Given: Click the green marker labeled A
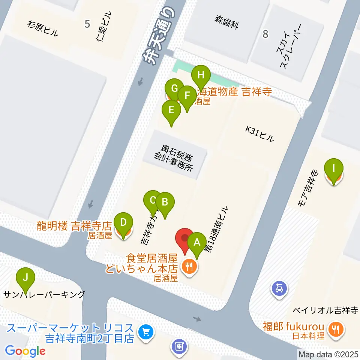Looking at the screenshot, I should (197, 243).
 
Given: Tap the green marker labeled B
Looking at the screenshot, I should (165, 202).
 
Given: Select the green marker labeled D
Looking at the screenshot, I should (123, 223).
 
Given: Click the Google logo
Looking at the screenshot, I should (25, 351).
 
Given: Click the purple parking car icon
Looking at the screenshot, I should (280, 288).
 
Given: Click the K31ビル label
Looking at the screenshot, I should (259, 134).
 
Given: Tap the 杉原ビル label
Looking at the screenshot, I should (42, 28).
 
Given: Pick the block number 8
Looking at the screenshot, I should (265, 34).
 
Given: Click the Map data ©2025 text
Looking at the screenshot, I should (328, 354).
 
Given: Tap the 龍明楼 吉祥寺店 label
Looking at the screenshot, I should (74, 226).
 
